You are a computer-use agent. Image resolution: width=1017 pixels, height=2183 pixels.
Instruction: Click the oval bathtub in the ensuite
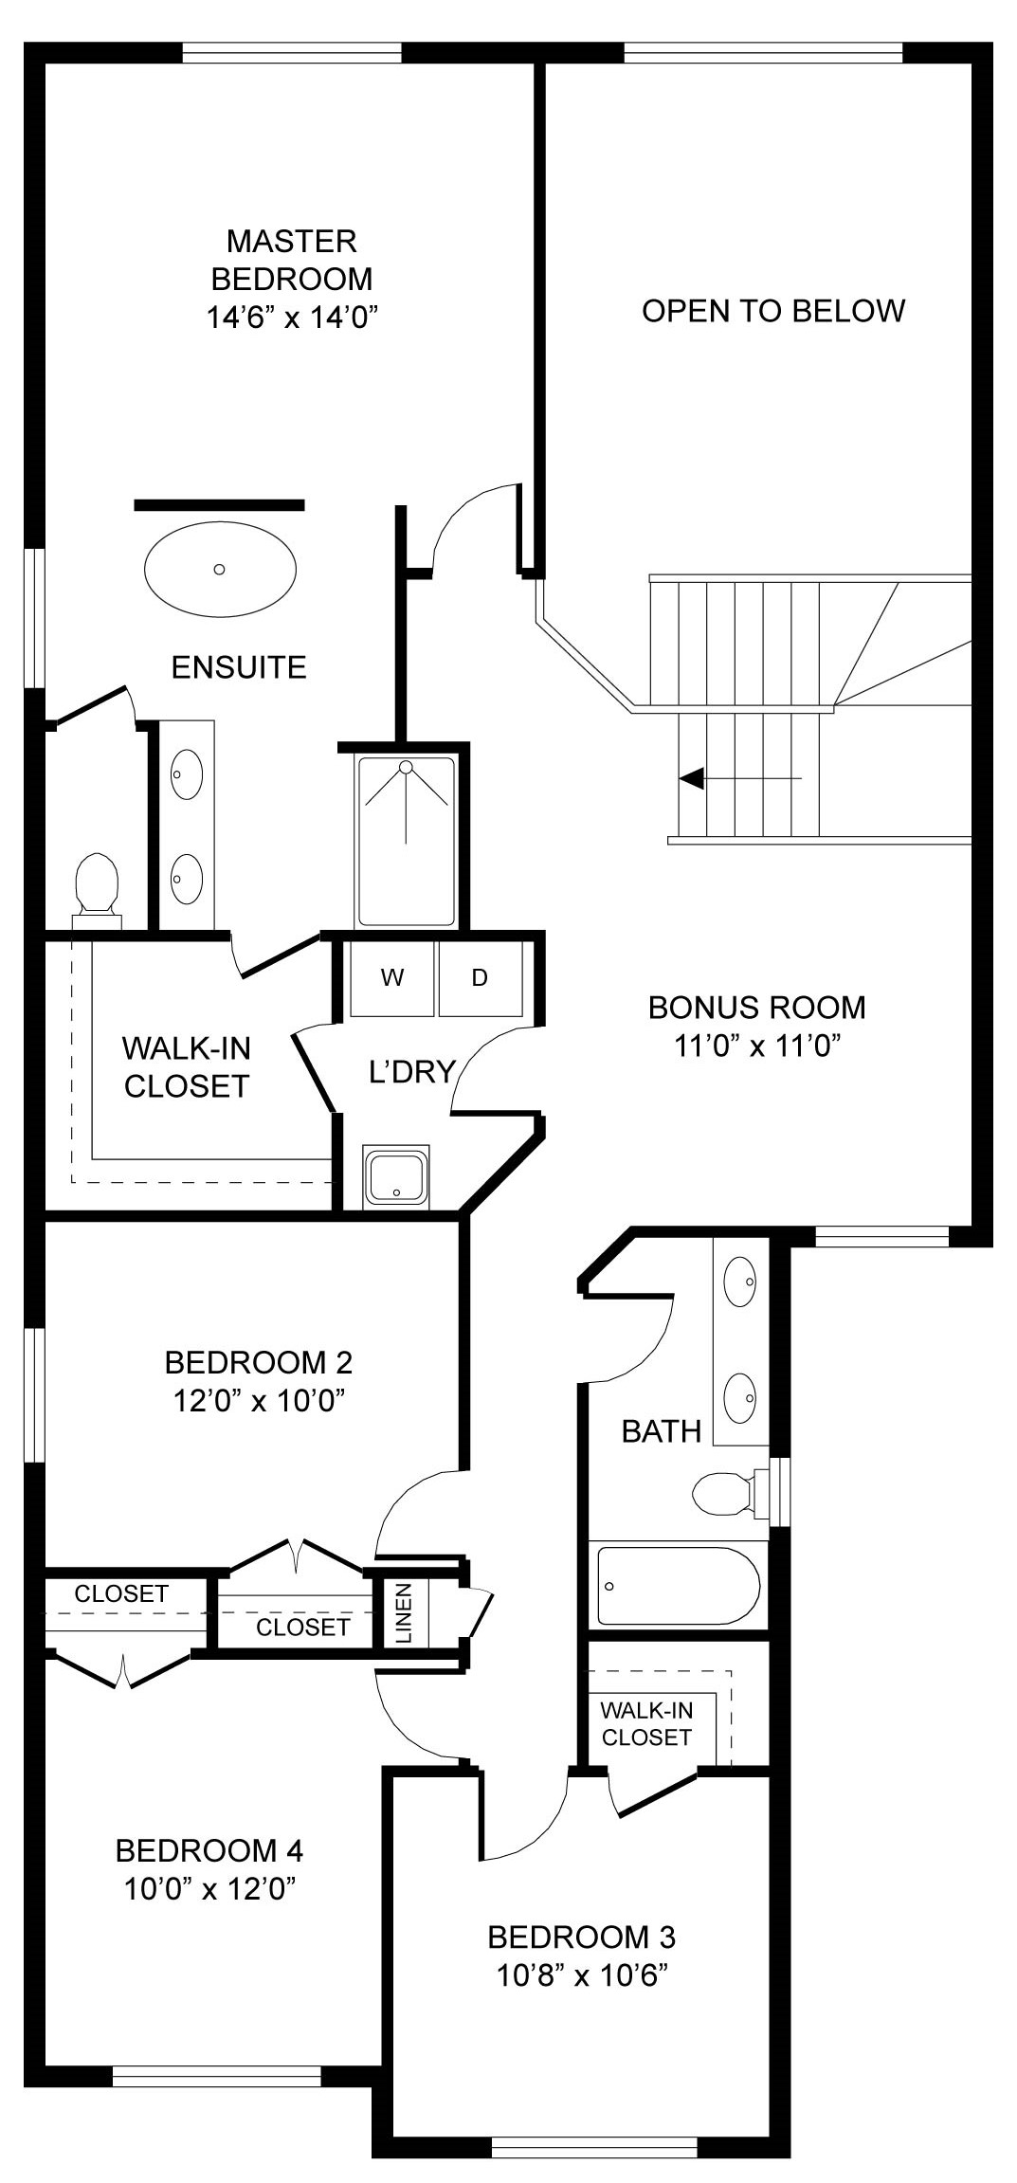pyautogui.click(x=220, y=569)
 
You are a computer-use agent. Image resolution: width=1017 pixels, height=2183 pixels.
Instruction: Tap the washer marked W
pyautogui.click(x=391, y=978)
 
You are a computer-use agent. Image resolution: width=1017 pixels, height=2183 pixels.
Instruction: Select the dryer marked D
pyautogui.click(x=480, y=978)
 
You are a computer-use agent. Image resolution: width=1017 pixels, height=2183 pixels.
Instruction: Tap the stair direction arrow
pyautogui.click(x=740, y=778)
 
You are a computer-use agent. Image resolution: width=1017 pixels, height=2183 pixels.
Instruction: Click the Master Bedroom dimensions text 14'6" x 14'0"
pyautogui.click(x=292, y=317)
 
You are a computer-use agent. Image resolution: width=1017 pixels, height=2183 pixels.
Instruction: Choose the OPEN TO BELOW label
pyautogui.click(x=773, y=311)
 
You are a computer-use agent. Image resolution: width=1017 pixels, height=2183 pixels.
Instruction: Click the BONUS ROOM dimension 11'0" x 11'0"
pyautogui.click(x=757, y=1046)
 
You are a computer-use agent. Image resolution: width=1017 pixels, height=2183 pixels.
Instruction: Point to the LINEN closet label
pyautogui.click(x=404, y=1613)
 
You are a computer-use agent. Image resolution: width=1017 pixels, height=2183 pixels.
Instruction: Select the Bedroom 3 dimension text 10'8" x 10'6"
pyautogui.click(x=582, y=1976)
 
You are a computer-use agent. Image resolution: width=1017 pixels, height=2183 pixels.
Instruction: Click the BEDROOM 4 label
pyautogui.click(x=209, y=1850)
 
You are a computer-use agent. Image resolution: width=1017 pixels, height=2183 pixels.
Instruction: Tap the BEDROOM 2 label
pyautogui.click(x=259, y=1362)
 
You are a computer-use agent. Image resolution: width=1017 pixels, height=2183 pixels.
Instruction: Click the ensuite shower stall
pyautogui.click(x=406, y=841)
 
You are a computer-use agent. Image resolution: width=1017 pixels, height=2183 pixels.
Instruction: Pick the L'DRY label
pyautogui.click(x=412, y=1071)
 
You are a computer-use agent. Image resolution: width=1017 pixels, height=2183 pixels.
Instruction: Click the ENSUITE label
pyautogui.click(x=239, y=667)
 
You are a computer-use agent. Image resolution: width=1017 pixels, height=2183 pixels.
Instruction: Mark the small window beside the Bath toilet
pyautogui.click(x=779, y=1491)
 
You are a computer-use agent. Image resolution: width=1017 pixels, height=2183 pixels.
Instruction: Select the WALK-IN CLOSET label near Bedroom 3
pyautogui.click(x=646, y=1723)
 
